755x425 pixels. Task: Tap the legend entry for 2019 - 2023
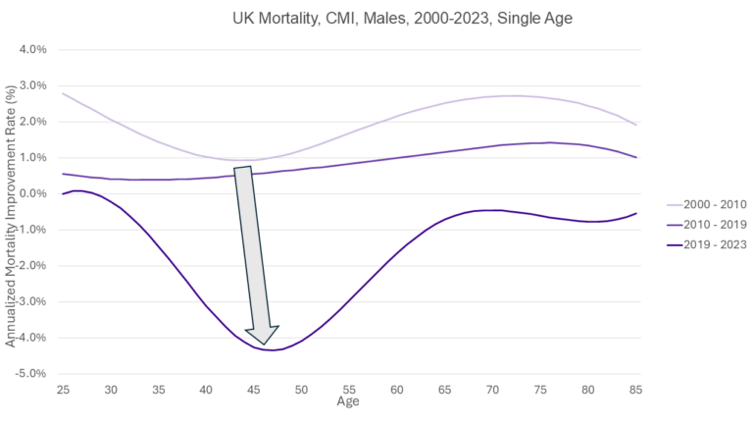click(x=705, y=244)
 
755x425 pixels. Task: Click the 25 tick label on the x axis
click(x=62, y=390)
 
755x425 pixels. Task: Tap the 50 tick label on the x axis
click(x=301, y=390)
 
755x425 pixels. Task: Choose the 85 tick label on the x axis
click(x=636, y=390)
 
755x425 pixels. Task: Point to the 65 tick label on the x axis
click(x=445, y=390)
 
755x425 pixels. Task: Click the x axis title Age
click(x=348, y=401)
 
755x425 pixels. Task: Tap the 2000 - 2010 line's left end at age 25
click(x=63, y=93)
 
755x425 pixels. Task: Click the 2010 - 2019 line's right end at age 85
click(x=636, y=157)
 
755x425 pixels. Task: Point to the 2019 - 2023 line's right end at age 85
click(x=636, y=213)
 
